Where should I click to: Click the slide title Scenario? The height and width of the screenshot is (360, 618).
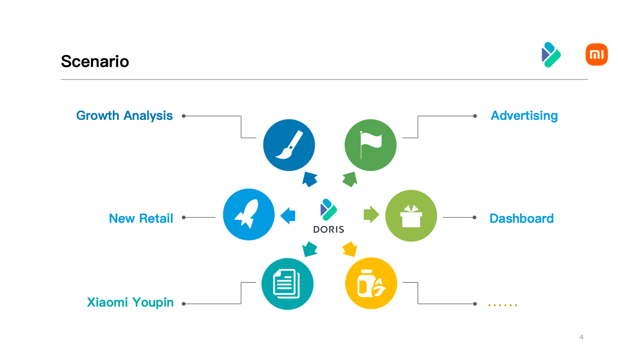click(x=95, y=62)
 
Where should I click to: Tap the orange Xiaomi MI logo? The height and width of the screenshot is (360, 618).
click(x=596, y=55)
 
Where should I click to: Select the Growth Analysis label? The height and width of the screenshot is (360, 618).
click(x=125, y=115)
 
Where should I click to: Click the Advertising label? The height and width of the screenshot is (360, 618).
click(x=524, y=115)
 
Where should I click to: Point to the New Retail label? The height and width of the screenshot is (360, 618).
click(x=141, y=218)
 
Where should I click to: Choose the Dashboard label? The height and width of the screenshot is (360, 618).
click(x=521, y=218)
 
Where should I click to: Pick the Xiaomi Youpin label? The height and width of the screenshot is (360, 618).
click(x=130, y=302)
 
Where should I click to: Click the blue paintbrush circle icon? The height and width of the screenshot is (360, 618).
click(x=289, y=145)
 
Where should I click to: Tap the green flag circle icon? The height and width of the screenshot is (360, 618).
click(x=370, y=145)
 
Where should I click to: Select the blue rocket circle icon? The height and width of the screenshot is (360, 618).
click(x=249, y=215)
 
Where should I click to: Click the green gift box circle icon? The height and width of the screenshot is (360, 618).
click(x=411, y=216)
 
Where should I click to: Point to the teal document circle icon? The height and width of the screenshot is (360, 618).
click(x=287, y=284)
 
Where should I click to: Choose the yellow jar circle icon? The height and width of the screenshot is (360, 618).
click(x=371, y=284)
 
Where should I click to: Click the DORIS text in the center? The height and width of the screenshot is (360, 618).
click(x=328, y=229)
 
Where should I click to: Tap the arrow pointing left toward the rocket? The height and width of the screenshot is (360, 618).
click(x=288, y=216)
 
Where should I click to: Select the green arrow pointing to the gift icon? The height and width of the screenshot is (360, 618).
click(x=371, y=215)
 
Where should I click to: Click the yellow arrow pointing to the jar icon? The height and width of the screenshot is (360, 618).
click(x=349, y=249)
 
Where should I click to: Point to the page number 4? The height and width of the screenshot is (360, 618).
click(x=581, y=337)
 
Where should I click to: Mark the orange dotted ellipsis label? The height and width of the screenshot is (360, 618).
click(x=502, y=305)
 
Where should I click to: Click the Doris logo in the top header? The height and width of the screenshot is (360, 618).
click(x=551, y=54)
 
